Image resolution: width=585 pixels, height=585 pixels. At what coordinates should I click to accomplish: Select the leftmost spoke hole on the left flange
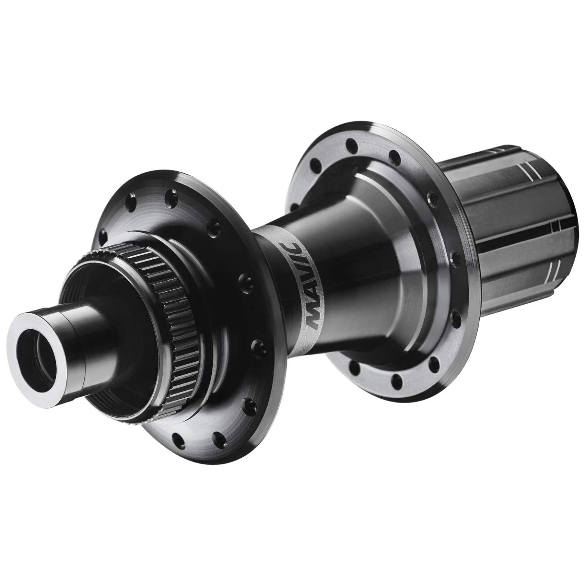coord(103,234)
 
